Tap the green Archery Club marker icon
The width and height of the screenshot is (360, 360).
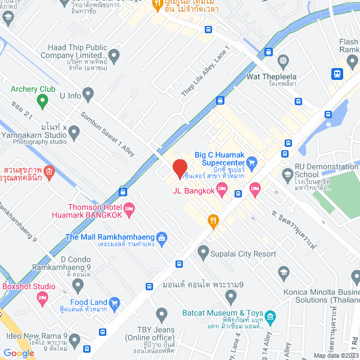pyautogui.click(x=41, y=101)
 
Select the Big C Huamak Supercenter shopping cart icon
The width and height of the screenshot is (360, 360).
pyautogui.click(x=252, y=164)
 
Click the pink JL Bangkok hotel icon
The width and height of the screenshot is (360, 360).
pyautogui.click(x=222, y=193)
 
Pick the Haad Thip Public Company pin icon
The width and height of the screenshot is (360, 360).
pyautogui.click(x=114, y=56)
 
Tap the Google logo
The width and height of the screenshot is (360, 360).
pyautogui.click(x=19, y=353)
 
